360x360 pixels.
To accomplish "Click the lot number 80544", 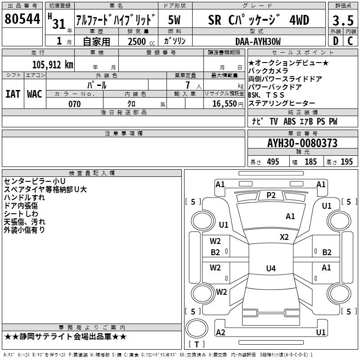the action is pos(22,19).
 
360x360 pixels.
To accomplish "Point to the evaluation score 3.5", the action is pos(342,20).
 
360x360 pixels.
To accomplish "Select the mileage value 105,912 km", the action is pos(53,65).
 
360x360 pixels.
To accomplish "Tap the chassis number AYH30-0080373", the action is pos(302,143).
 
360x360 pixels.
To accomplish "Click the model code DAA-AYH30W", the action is pos(258,41).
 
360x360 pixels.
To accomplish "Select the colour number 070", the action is pos(74,104).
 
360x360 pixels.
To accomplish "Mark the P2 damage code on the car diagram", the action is pos(271,195).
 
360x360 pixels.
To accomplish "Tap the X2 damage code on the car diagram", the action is pos(284,237).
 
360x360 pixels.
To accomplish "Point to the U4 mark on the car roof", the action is pos(270,269).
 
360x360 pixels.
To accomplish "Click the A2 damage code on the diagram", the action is pos(220,332).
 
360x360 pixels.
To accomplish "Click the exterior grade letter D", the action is pos(335,41).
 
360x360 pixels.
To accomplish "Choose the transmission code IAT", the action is pos(13,94).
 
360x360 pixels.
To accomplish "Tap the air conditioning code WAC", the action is pos(35,94).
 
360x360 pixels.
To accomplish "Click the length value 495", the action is pos(273,162).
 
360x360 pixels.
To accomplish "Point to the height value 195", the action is pos(346,162).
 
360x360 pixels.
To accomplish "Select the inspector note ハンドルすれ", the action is pos(24,198).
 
